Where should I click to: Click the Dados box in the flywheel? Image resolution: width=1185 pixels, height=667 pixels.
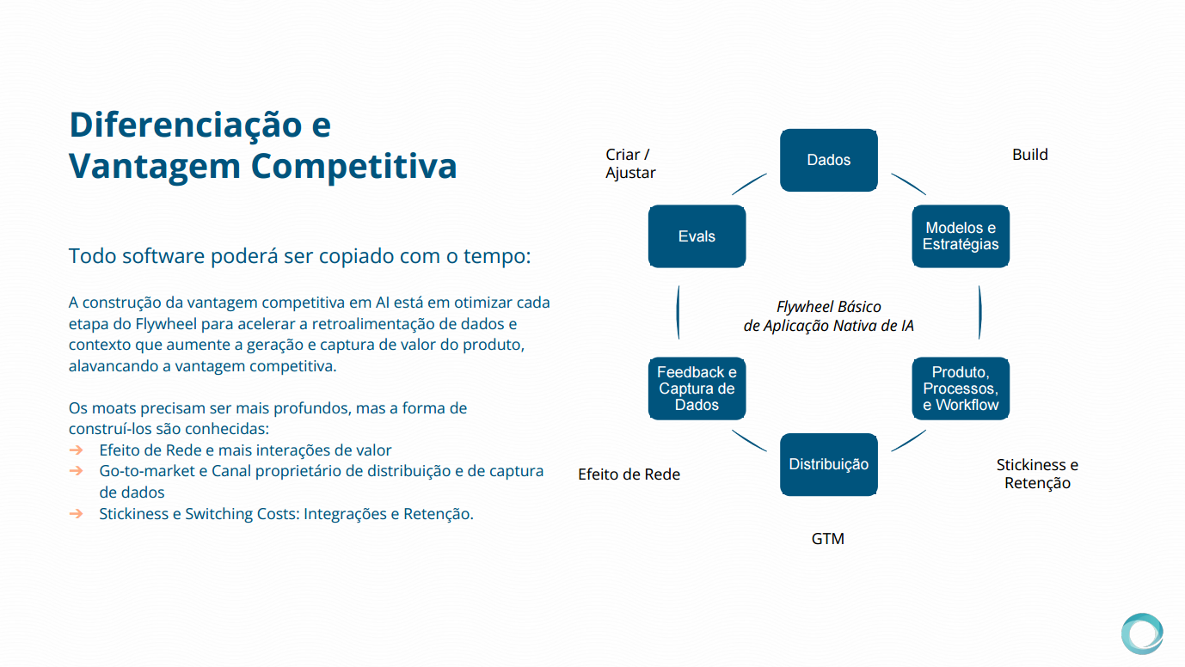point(828,160)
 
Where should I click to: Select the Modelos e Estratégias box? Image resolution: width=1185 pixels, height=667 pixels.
point(961,236)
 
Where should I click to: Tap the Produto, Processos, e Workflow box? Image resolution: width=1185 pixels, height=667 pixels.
point(961,389)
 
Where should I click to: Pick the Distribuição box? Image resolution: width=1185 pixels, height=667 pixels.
point(828,465)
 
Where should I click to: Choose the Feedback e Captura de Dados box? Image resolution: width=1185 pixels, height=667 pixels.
point(697,389)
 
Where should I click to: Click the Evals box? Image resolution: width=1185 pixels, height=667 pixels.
point(697,236)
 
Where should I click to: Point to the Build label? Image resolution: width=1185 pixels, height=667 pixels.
point(1029,155)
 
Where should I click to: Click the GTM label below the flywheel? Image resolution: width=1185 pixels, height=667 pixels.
point(828,539)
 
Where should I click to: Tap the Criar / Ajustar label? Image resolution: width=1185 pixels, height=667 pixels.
point(630,163)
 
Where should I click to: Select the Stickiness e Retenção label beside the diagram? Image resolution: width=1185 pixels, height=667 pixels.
point(1037,474)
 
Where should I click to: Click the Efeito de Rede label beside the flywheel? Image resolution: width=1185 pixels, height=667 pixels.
point(629,474)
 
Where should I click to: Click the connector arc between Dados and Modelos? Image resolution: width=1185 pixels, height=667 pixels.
point(909,183)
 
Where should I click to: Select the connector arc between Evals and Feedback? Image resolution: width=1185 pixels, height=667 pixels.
point(678,312)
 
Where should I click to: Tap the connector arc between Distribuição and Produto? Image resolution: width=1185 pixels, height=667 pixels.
point(909,441)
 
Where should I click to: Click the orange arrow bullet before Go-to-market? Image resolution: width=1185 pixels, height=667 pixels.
point(77,471)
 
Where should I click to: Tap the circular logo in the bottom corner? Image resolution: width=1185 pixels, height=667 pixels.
point(1142,634)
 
